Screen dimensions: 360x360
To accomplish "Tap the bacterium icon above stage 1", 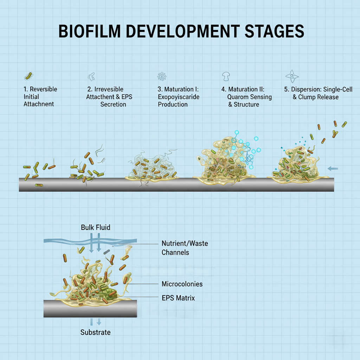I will coord(28,76).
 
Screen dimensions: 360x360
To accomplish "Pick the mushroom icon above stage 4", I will coord(226,76).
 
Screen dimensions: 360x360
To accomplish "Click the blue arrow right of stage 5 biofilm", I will coord(333,169).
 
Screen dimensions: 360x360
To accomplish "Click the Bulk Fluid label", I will coord(95,227).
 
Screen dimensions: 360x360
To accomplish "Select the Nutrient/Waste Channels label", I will coord(185,247).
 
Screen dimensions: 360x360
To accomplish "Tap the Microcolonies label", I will coord(182,284).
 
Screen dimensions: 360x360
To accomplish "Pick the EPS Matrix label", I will coord(178,298).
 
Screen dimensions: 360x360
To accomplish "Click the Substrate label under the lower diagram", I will coord(95,332).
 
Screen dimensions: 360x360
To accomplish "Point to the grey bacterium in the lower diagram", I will coord(107,252).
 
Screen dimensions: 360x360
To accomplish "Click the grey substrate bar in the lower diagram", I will coord(90,308).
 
